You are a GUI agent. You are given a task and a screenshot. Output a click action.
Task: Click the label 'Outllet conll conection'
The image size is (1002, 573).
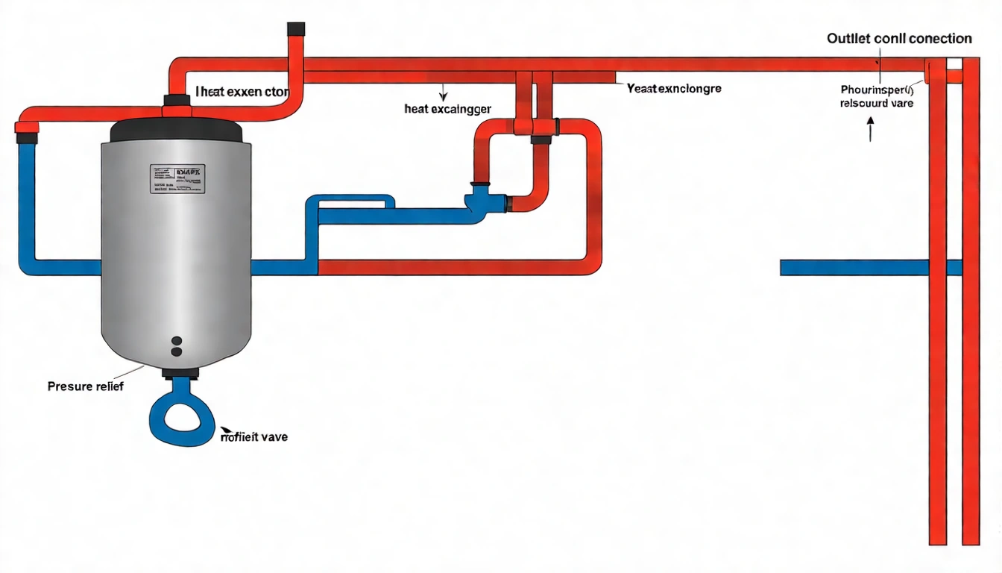coord(899,38)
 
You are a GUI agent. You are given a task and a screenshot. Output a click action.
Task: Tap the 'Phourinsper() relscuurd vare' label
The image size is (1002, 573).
coord(876,96)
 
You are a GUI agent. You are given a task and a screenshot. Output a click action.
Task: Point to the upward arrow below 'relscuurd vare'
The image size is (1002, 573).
coord(869,133)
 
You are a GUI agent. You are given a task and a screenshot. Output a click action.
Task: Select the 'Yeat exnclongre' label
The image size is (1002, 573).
coord(674,88)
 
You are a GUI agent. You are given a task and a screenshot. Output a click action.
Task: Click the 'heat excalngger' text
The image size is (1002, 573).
coord(447,109)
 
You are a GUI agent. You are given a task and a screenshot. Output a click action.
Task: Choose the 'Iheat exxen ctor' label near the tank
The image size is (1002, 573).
coord(242,92)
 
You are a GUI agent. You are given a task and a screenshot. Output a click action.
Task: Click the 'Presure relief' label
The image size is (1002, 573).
coord(85,386)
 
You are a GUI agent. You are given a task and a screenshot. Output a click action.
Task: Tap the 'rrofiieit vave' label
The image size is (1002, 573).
coord(253,436)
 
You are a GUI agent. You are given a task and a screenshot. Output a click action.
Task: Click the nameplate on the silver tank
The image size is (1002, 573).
coord(177,178)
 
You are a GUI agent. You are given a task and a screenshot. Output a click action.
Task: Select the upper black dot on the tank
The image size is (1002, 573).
coord(177,340)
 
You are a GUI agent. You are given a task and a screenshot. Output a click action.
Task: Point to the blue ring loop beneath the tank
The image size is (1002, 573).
coord(183,419)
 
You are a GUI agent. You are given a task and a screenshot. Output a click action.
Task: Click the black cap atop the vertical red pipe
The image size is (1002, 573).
coord(296,29)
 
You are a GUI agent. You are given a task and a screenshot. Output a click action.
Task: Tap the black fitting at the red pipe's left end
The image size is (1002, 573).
coord(27,137)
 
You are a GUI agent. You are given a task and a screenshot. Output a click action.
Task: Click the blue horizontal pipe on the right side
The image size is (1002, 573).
coord(854,267)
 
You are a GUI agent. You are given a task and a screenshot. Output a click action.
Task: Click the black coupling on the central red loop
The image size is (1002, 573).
coord(542,138)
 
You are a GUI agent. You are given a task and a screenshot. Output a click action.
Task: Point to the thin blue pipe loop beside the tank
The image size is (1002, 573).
coord(350,201)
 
